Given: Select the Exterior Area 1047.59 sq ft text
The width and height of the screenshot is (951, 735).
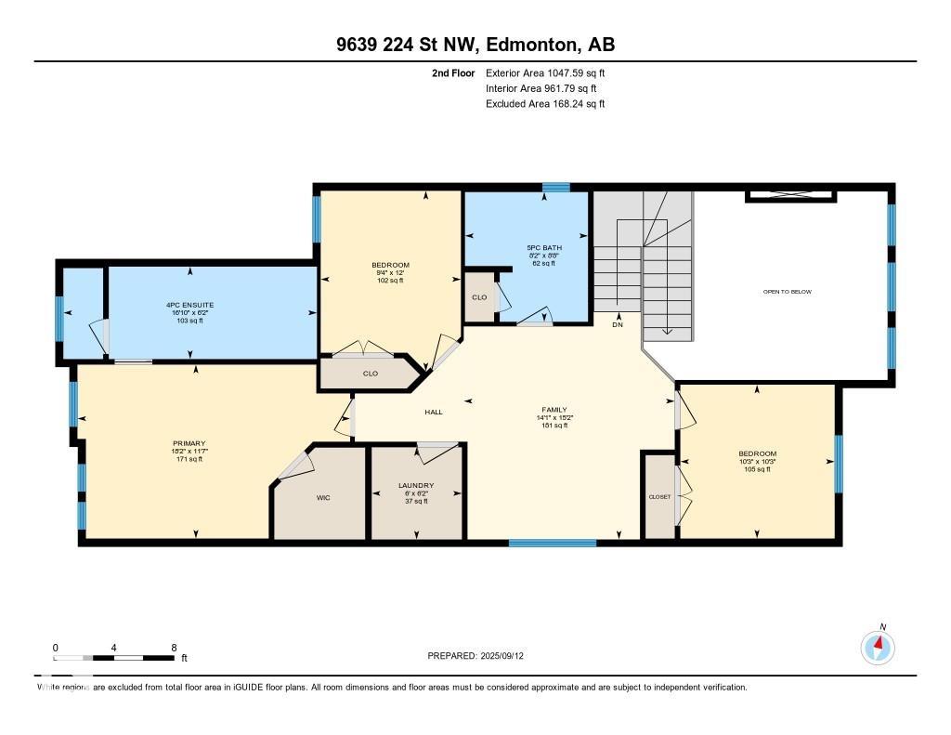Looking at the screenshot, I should coord(545,72).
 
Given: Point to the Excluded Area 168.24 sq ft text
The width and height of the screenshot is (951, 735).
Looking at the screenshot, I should coord(545,104).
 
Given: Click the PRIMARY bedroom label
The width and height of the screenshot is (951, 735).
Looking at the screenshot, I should coord(189,443).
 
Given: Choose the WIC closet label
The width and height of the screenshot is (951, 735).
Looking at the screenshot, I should coord(323,497).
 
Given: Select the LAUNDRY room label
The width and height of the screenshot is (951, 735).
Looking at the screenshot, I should coord(416,485).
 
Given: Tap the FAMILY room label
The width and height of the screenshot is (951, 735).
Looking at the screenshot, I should coord(554,410).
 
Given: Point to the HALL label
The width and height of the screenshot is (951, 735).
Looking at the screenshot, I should coord(434,412).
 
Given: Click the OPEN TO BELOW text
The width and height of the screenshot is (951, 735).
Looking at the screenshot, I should coord(787,292).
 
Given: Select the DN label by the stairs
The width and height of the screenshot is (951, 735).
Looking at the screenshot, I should coord(618,325).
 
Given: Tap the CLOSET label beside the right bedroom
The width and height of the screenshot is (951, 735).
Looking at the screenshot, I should coord(659,497).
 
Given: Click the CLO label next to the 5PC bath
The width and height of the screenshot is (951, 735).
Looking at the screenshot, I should coord(479,298).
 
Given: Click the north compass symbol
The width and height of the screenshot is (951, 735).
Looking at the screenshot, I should coord(878,647).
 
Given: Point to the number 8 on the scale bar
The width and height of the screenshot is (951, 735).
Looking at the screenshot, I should coord(174,647).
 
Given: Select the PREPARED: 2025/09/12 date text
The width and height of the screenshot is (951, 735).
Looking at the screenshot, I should coord(475,656).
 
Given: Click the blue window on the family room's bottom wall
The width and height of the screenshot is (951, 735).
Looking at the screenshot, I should coord(552,542).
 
